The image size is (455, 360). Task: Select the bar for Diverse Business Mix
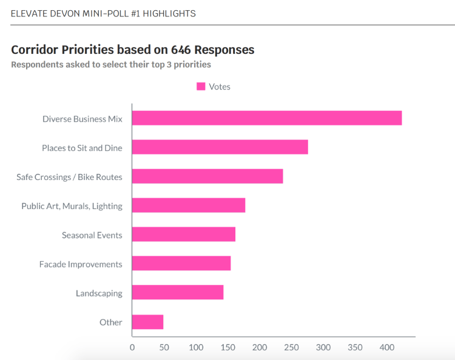[x=267, y=118]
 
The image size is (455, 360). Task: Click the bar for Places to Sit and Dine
[x=220, y=147]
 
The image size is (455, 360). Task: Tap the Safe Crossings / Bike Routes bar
[x=207, y=176]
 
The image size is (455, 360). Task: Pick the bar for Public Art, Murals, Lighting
[x=189, y=205]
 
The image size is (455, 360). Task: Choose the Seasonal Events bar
[x=184, y=235]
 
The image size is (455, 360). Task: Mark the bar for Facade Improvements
[x=181, y=264]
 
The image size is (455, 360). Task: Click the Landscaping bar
[x=178, y=293]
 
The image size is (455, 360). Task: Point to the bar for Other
[x=147, y=322]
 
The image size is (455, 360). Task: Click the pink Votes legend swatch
[x=201, y=87]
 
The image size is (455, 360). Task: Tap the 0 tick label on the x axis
[x=132, y=348]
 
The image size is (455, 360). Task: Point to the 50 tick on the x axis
[x=164, y=348]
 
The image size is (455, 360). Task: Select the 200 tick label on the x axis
[x=260, y=348]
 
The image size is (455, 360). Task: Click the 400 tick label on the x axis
[x=387, y=348]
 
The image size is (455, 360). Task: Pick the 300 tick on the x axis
[x=323, y=348]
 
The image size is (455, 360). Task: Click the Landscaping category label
[x=99, y=293]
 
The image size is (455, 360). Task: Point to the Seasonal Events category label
[x=92, y=235]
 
